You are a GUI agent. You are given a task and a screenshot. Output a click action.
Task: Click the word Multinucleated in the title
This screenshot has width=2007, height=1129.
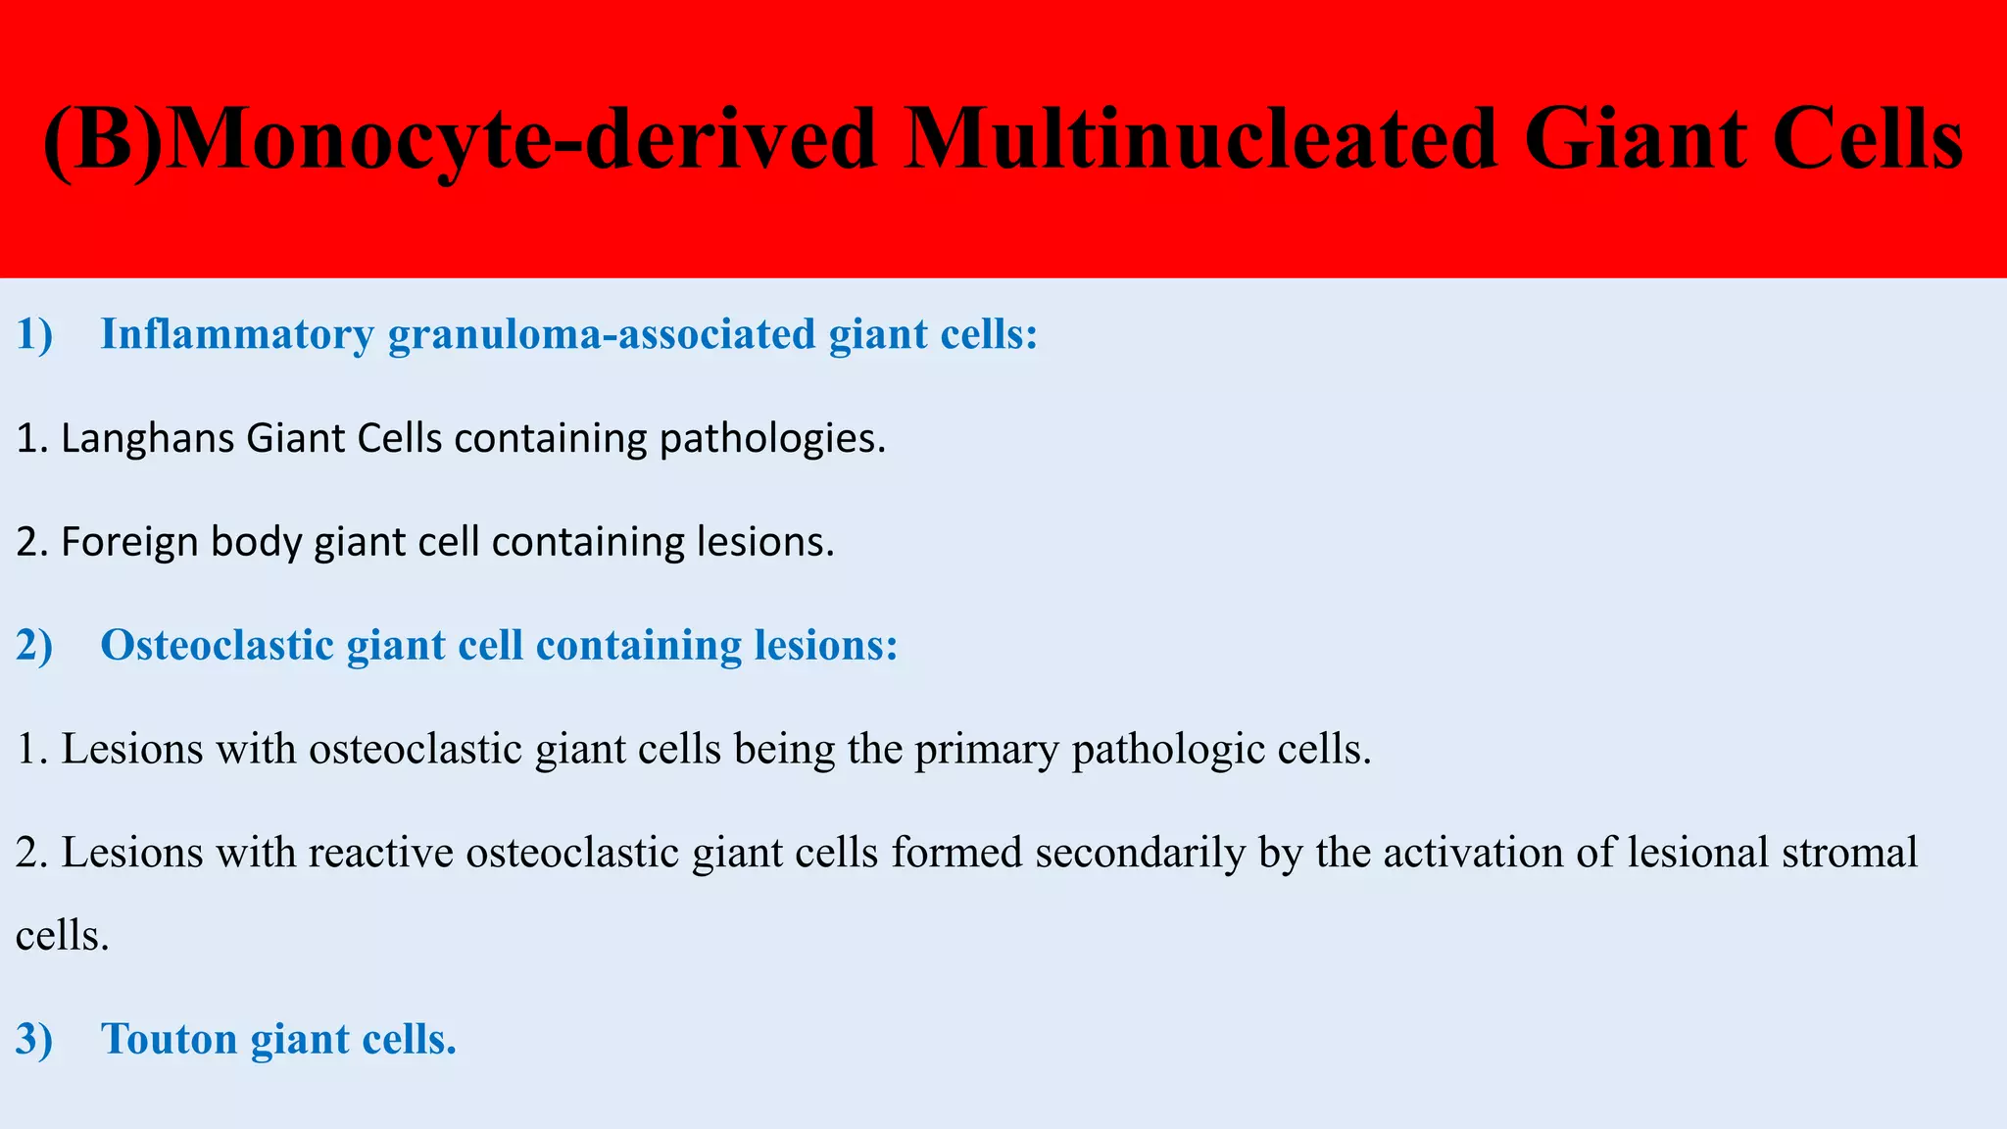tap(1201, 139)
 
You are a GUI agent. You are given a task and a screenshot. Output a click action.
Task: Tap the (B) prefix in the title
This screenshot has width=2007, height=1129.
tap(103, 139)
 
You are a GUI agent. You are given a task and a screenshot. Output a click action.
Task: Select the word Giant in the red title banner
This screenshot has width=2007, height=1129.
tap(1635, 139)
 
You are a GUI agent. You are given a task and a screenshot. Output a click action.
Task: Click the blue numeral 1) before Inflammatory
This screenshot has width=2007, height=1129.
tap(34, 335)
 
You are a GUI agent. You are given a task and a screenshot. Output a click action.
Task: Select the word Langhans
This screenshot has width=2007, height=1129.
tap(147, 438)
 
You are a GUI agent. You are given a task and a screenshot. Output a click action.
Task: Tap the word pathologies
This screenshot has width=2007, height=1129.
tap(771, 438)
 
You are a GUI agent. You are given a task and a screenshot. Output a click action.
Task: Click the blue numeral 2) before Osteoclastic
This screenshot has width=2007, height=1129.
tap(34, 646)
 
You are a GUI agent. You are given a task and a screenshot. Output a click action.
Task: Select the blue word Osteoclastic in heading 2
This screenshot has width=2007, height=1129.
tap(218, 646)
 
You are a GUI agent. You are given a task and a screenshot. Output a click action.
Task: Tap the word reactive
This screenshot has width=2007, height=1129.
tap(381, 853)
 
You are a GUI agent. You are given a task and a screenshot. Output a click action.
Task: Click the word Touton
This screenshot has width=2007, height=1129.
tap(170, 1040)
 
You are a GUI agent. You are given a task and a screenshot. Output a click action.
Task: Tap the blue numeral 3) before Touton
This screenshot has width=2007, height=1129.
tap(34, 1040)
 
